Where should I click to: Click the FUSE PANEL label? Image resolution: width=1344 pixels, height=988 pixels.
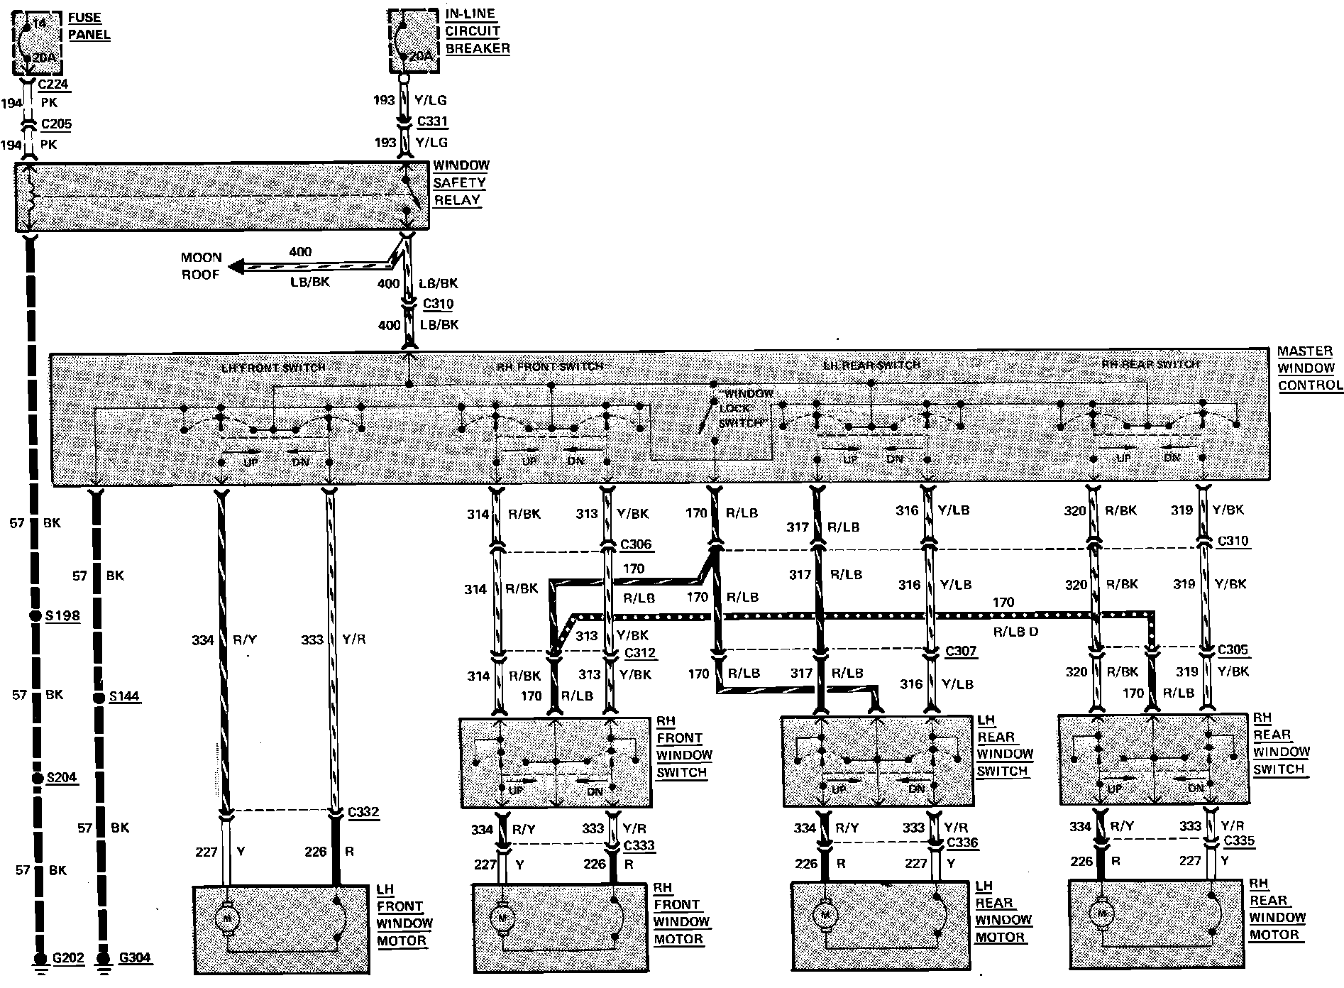89,26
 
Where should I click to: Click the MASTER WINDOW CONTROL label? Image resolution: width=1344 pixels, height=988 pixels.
1309,368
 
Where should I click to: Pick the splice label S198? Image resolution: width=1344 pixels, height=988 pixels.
62,615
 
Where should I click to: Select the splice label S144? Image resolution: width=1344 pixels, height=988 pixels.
123,697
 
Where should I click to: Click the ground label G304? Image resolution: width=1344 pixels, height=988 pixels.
134,958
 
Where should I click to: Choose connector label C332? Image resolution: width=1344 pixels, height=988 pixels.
363,812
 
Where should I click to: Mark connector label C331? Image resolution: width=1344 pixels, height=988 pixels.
433,121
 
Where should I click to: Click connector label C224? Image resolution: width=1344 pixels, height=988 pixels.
54,84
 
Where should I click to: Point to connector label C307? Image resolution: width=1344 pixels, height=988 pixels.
961,651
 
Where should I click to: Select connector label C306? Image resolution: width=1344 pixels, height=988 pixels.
636,545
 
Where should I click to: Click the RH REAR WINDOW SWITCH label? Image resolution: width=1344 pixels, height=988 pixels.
1281,743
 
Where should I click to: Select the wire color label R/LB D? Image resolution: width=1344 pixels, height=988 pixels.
1015,632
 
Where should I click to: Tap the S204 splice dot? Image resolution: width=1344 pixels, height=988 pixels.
37,779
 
